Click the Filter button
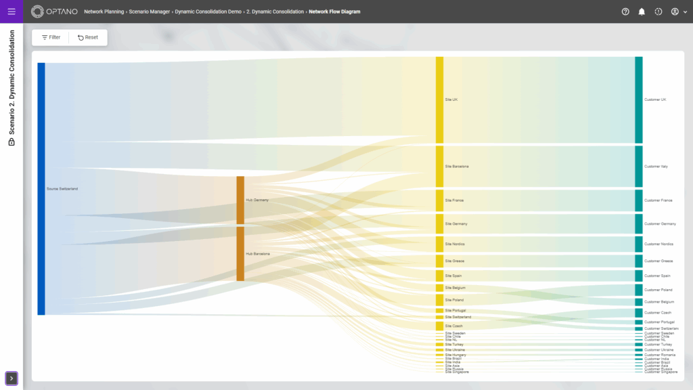coord(51,37)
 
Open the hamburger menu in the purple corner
coord(12,12)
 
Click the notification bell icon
coord(642,12)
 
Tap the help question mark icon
coord(625,12)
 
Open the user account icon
coord(675,12)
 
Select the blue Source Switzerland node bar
coord(41,188)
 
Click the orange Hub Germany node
coord(240,200)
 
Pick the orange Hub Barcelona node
coord(240,253)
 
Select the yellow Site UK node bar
coord(439,100)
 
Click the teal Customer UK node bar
coord(638,100)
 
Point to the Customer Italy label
coord(656,167)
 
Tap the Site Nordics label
coord(455,244)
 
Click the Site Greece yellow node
coord(439,261)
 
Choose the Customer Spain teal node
coord(638,276)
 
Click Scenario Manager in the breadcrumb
coord(149,12)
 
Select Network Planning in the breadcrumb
coord(104,12)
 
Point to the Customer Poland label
coord(657,290)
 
